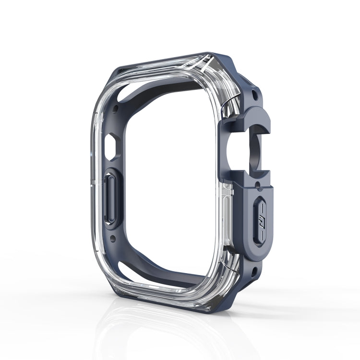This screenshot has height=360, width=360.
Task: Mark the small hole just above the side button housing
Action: (259, 184)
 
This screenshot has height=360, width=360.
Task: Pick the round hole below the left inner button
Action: (113, 238)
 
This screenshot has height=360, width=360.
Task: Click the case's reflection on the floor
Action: (158, 331)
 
